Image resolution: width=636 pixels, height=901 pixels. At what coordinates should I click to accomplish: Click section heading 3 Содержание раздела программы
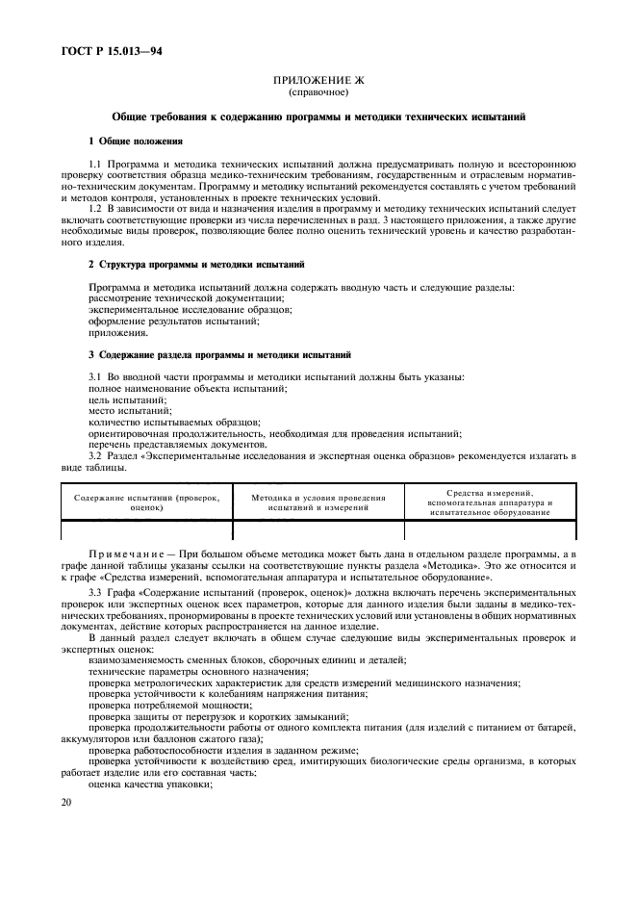point(219,355)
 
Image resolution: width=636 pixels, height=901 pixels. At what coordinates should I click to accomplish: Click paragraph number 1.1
point(95,165)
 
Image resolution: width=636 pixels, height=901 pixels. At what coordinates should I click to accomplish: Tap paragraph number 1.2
point(95,208)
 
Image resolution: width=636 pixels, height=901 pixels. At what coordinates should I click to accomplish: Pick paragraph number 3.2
point(95,456)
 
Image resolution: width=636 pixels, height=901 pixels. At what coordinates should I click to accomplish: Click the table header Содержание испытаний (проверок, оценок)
point(146,502)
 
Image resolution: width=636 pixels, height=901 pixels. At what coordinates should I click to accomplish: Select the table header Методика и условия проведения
point(318,502)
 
